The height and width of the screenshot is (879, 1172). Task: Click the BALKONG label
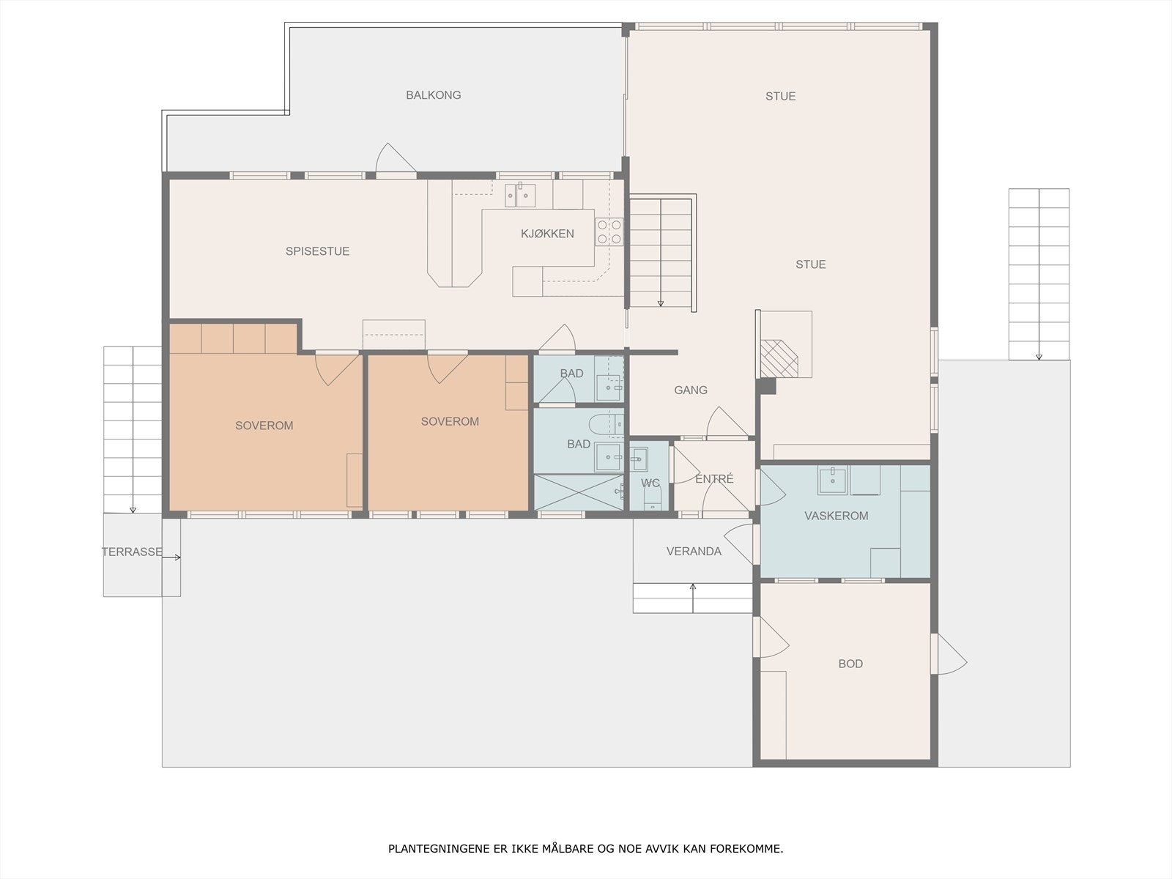pyautogui.click(x=433, y=95)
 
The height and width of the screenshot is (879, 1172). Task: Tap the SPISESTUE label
pyautogui.click(x=317, y=251)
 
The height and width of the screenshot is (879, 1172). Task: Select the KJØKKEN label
pyautogui.click(x=547, y=233)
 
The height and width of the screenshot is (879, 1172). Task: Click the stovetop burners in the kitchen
pyautogui.click(x=609, y=231)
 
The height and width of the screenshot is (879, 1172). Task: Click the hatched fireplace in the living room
pyautogui.click(x=779, y=358)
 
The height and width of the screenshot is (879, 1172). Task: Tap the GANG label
pyautogui.click(x=691, y=390)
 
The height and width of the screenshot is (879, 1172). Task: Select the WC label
pyautogui.click(x=650, y=483)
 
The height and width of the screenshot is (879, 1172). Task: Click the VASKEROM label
pyautogui.click(x=837, y=516)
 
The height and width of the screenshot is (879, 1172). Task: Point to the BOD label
pyautogui.click(x=850, y=664)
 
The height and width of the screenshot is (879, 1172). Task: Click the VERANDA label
pyautogui.click(x=694, y=552)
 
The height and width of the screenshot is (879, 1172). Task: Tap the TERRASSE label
pyautogui.click(x=132, y=552)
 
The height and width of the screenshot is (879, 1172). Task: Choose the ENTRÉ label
pyautogui.click(x=714, y=479)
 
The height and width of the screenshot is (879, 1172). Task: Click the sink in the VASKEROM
pyautogui.click(x=832, y=480)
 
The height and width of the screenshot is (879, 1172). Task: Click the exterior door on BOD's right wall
pyautogui.click(x=950, y=655)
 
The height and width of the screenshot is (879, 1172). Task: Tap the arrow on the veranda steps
pyautogui.click(x=693, y=598)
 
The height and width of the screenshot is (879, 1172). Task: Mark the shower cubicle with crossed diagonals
pyautogui.click(x=579, y=492)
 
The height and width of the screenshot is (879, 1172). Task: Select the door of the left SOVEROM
pyautogui.click(x=336, y=368)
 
